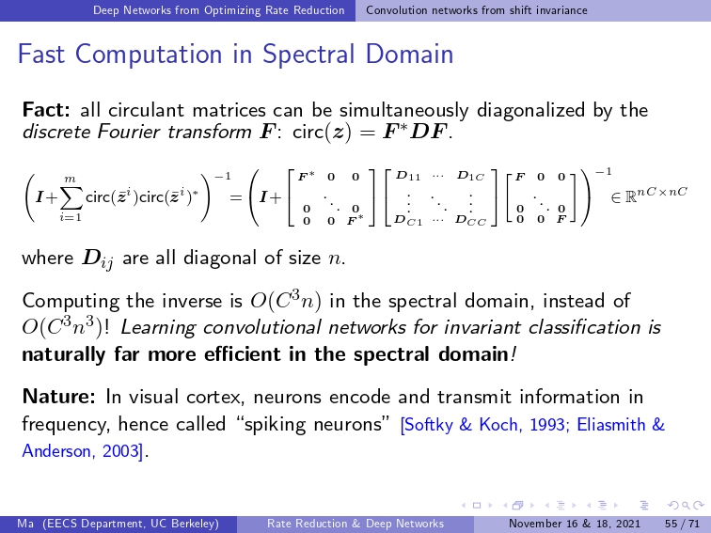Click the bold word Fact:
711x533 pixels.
(x=46, y=110)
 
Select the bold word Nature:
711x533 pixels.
(x=58, y=397)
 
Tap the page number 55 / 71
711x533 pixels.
(x=683, y=524)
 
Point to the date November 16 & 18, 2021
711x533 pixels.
(x=575, y=524)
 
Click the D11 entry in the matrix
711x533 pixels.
(x=408, y=176)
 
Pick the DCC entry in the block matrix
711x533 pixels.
(x=470, y=221)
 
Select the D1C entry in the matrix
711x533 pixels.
(x=470, y=176)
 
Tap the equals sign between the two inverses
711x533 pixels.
(x=235, y=197)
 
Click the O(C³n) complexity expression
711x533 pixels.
(x=286, y=301)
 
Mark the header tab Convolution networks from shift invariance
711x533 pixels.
(x=477, y=10)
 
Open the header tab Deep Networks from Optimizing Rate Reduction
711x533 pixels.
(x=218, y=10)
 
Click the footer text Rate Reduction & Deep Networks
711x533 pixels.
(x=355, y=524)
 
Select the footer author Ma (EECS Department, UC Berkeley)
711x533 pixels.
(x=118, y=524)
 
